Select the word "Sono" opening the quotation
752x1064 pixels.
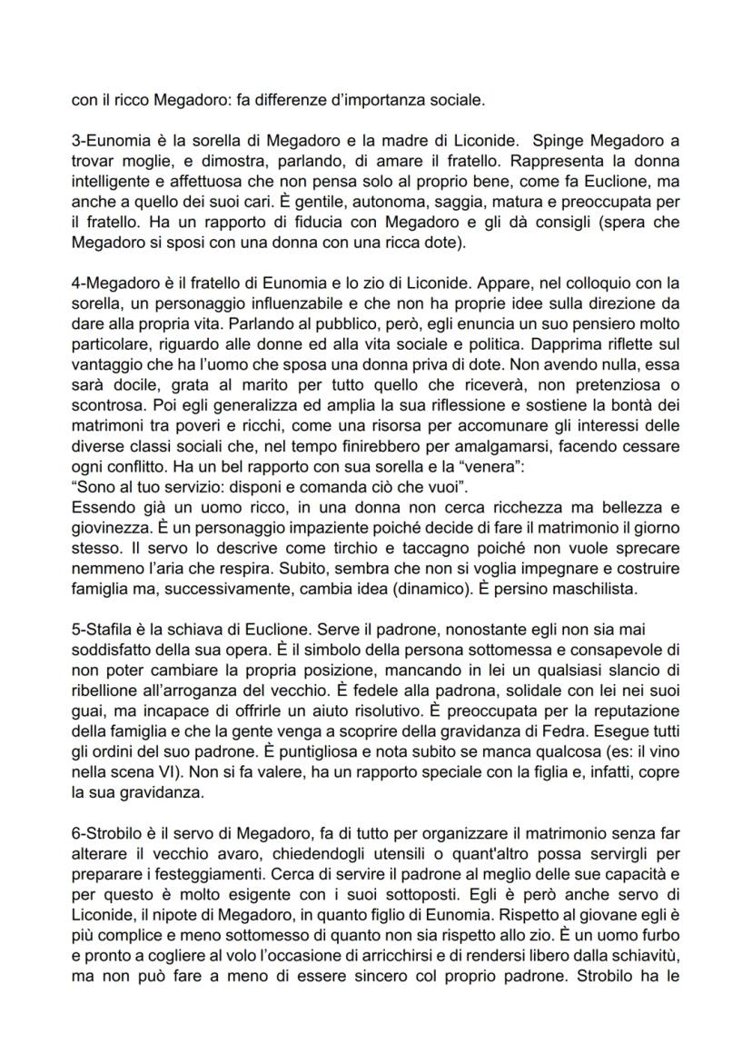93,481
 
